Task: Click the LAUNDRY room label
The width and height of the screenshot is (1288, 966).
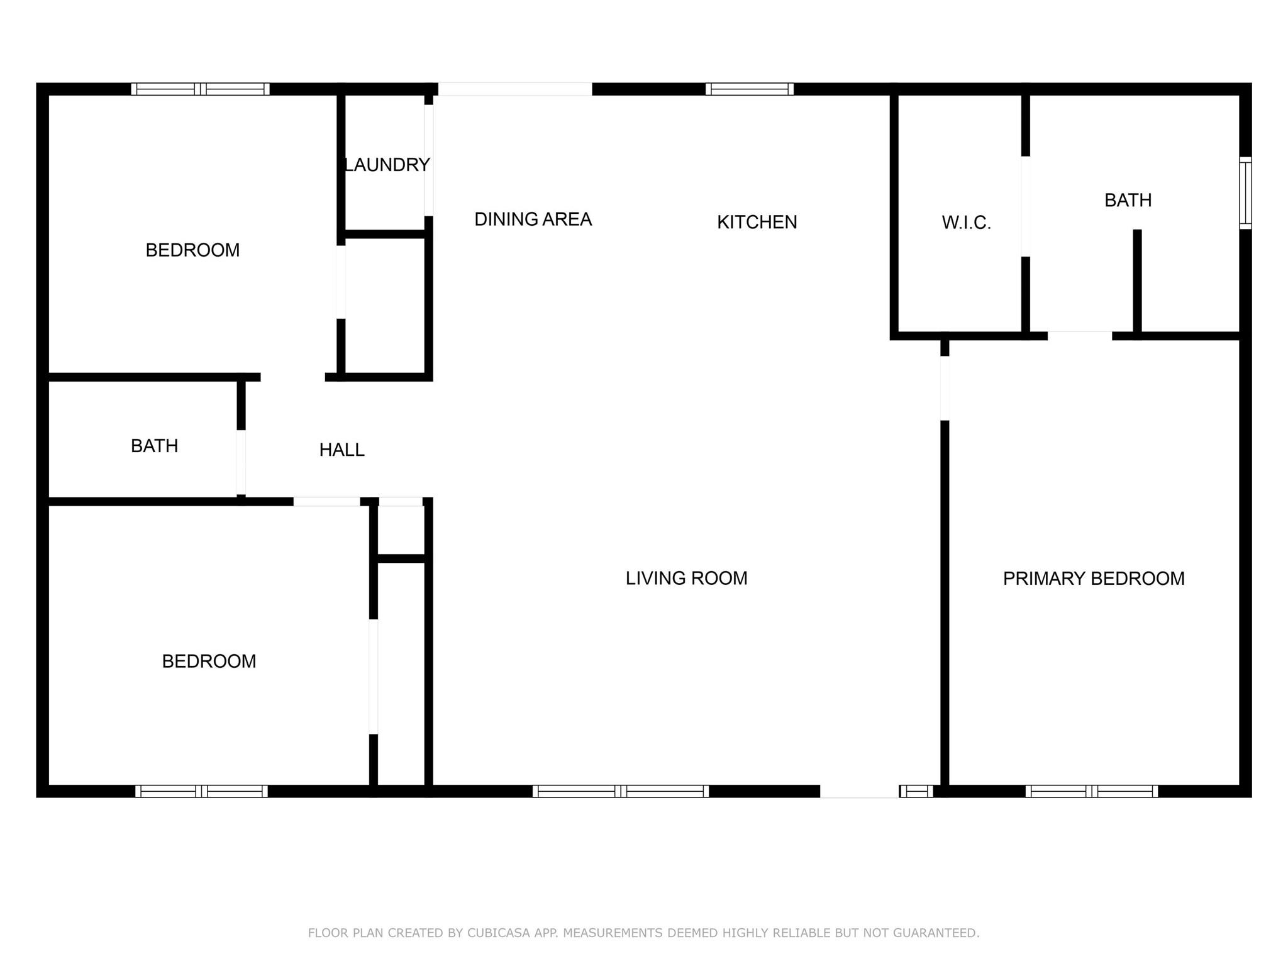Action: coord(387,165)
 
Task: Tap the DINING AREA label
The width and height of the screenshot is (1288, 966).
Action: coord(533,219)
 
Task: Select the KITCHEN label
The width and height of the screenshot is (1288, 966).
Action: coord(757,222)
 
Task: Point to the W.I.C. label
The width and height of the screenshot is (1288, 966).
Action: coord(966,223)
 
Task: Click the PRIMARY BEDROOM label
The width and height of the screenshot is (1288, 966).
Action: coord(1094,579)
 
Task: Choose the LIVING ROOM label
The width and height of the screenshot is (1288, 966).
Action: coord(686,578)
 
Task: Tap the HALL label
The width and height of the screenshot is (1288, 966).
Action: coord(341,450)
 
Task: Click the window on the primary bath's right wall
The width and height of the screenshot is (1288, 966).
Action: coord(1245,192)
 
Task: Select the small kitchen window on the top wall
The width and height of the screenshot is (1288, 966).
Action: coord(749,89)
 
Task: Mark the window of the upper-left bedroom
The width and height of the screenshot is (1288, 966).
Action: coord(200,89)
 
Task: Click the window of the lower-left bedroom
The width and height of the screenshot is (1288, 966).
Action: coord(201,791)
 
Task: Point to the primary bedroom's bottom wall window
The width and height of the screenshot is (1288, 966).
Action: coord(1092,791)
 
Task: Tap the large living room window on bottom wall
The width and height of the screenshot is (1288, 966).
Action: coord(621,791)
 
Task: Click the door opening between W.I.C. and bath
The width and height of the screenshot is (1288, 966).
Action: coord(1026,206)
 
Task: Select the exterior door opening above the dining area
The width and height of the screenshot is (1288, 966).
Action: coord(515,89)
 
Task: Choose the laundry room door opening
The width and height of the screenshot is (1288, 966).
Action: coord(429,160)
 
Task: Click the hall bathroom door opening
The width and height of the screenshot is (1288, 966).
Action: coord(241,462)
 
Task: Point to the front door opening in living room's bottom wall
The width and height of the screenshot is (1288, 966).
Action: coord(859,791)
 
